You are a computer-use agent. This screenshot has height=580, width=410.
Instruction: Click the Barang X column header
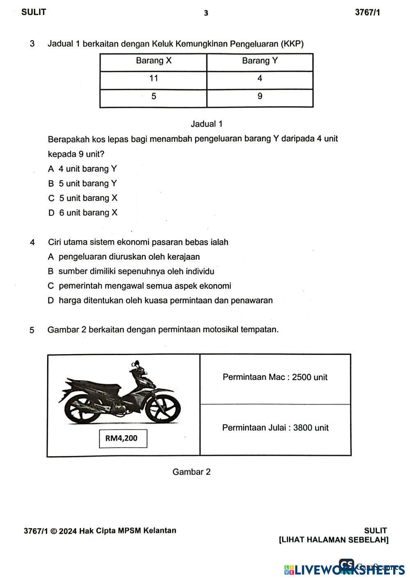point(153,61)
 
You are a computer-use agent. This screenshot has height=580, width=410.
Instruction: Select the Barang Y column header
point(260,61)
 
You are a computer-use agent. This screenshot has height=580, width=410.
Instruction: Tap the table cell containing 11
point(153,79)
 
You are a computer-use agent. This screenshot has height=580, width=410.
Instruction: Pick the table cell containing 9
point(260,96)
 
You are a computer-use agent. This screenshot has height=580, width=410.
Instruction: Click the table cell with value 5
point(153,96)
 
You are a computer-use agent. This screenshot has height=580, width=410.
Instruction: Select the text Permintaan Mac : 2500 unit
point(275,377)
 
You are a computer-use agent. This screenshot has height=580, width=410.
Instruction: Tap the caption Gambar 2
point(191,472)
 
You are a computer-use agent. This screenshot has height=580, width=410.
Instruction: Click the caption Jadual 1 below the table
point(207,124)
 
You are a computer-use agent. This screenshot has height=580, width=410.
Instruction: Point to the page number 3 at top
point(206,13)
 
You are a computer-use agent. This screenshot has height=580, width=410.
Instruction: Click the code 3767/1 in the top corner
point(367,13)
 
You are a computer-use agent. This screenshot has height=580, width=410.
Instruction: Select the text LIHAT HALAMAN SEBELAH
point(333,540)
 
